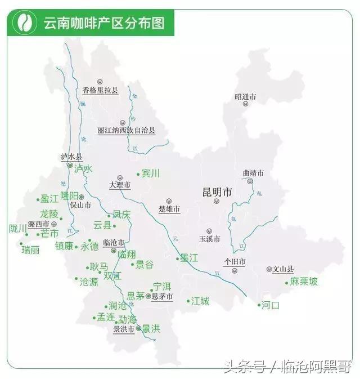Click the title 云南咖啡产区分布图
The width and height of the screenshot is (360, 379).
pyautogui.click(x=103, y=23)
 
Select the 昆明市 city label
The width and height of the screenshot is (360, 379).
pyautogui.click(x=217, y=193)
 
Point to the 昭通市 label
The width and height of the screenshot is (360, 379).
pyautogui.click(x=245, y=97)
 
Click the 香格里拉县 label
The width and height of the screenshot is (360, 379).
pyautogui.click(x=100, y=90)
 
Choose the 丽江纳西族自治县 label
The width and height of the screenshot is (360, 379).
pyautogui.click(x=127, y=130)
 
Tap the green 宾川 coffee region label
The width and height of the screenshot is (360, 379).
pyautogui.click(x=151, y=173)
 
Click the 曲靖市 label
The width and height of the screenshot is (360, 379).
pyautogui.click(x=253, y=173)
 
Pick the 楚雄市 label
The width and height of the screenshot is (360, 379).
pyautogui.click(x=169, y=209)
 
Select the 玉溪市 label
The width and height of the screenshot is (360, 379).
pyautogui.click(x=209, y=239)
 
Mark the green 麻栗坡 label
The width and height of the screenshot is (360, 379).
pyautogui.click(x=304, y=281)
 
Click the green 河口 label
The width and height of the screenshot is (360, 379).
pyautogui.click(x=271, y=305)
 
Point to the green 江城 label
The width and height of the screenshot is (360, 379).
pyautogui.click(x=200, y=301)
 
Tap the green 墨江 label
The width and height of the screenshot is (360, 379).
pyautogui.click(x=189, y=258)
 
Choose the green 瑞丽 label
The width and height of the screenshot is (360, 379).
pyautogui.click(x=31, y=250)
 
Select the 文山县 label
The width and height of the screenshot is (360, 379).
pyautogui.click(x=283, y=269)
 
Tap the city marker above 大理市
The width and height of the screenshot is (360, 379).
pyautogui.click(x=120, y=177)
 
